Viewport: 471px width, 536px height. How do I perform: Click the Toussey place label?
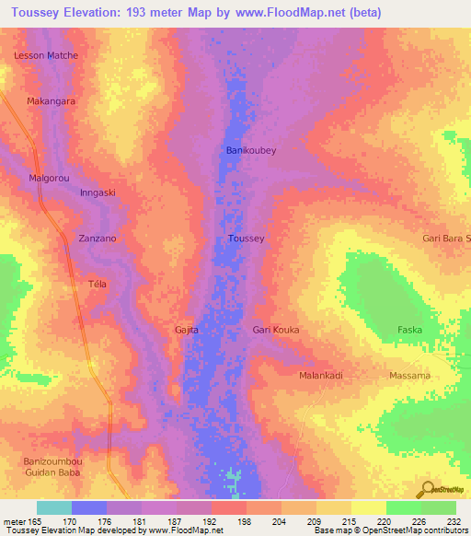246,239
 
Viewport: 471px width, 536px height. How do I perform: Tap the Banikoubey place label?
251,149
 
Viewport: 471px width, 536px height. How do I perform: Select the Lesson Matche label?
46,55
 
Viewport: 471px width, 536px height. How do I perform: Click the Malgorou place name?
49,177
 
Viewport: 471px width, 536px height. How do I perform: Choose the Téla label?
97,284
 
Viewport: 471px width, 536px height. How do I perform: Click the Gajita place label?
187,329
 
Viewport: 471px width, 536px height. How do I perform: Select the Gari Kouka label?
276,329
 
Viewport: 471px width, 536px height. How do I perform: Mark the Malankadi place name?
321,376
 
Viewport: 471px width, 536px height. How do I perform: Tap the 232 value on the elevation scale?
455,521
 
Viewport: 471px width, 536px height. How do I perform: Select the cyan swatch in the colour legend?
53,507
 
